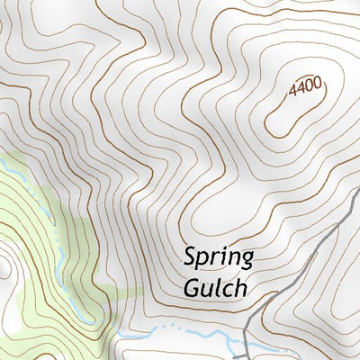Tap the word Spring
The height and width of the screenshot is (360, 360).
click(x=218, y=259)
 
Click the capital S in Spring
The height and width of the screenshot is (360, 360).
click(x=190, y=257)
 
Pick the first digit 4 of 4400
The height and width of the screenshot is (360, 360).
click(x=292, y=93)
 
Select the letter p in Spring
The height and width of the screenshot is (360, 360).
click(x=202, y=261)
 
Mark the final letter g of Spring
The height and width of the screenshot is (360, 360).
click(x=246, y=261)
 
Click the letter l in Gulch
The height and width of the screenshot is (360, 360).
click(x=218, y=286)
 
